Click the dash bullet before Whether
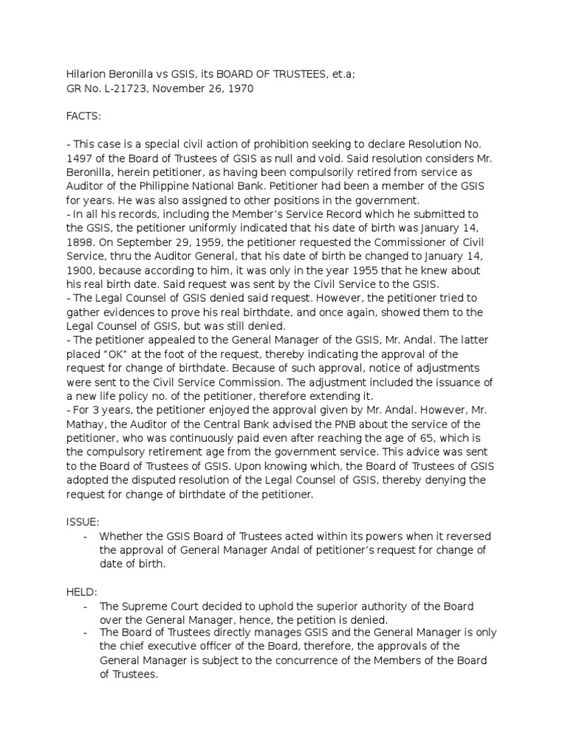86,536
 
